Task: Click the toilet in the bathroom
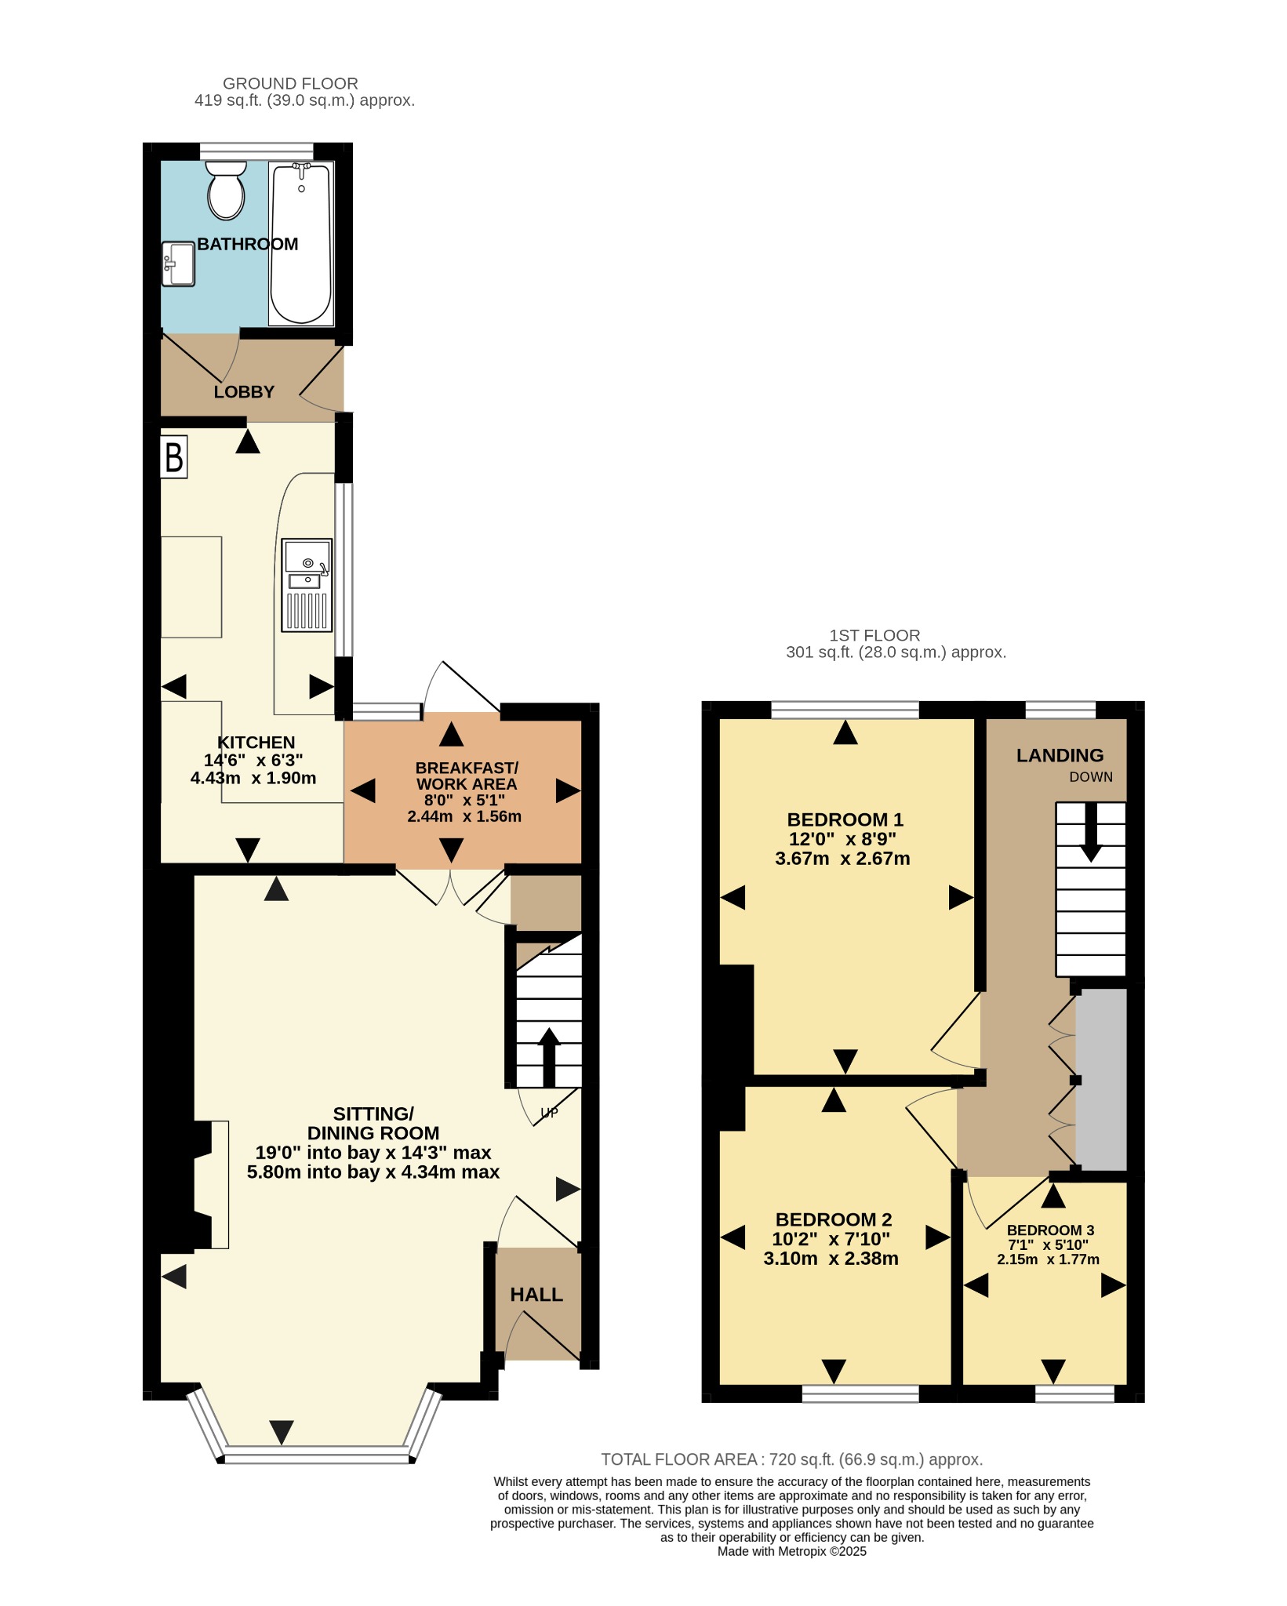[x=226, y=190]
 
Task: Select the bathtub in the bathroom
[x=301, y=243]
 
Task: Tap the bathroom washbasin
[x=178, y=263]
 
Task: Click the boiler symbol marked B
[x=174, y=457]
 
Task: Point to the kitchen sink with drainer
[x=307, y=585]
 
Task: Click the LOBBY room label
[x=244, y=392]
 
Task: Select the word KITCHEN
[x=256, y=742]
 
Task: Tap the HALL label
[x=536, y=1295]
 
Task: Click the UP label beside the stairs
[x=549, y=1112]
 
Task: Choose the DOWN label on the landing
[x=1091, y=777]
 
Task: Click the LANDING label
[x=1060, y=755]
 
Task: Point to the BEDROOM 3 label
[x=1050, y=1230]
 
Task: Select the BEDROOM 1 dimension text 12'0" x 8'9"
[x=842, y=839]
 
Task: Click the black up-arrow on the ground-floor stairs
[x=549, y=1057]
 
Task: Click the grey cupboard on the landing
[x=1101, y=1079]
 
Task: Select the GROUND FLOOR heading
[x=290, y=83]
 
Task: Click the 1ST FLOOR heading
[x=874, y=635]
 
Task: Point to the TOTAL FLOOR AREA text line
[x=791, y=1459]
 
